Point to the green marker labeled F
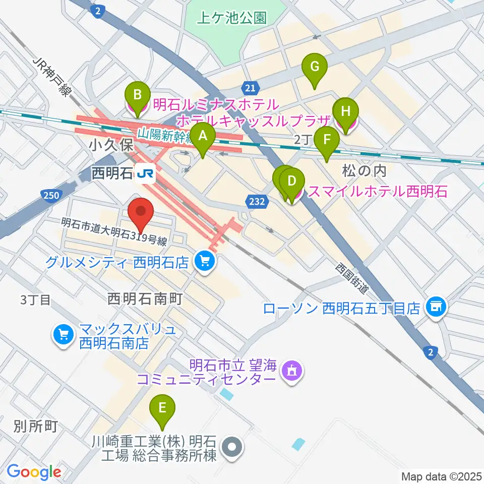[326, 141]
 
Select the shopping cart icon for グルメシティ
[205, 261]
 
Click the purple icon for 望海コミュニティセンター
[291, 372]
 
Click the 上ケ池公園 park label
[231, 19]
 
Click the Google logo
[34, 472]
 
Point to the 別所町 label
[36, 427]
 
